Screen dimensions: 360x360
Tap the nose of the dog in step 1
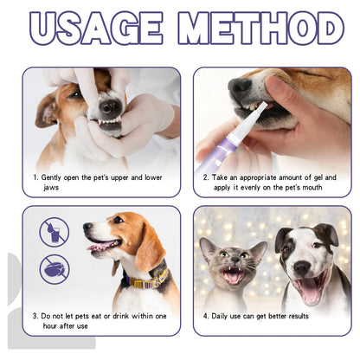110,107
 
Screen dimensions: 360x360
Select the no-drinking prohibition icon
54,232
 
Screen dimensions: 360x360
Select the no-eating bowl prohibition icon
54,267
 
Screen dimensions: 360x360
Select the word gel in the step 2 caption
318,177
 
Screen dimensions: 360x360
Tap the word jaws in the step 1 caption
50,187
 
